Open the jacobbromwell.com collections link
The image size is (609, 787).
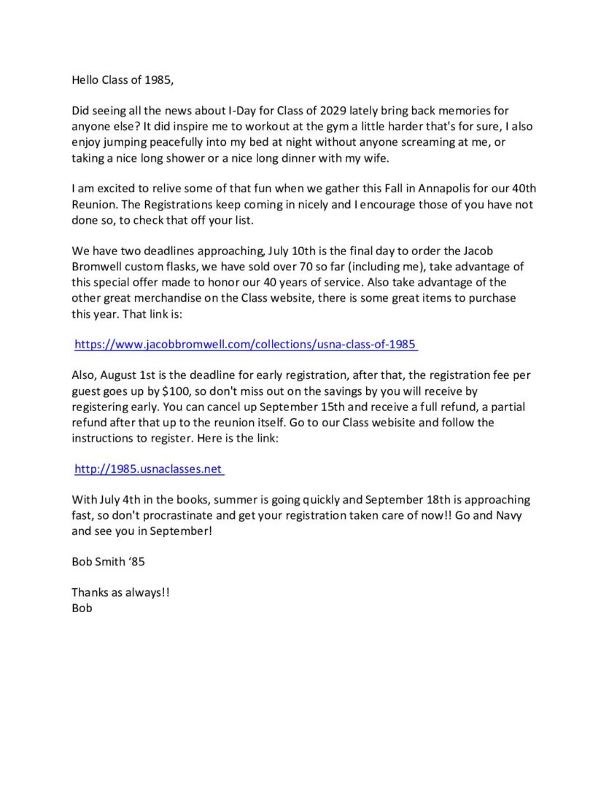pos(246,345)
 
